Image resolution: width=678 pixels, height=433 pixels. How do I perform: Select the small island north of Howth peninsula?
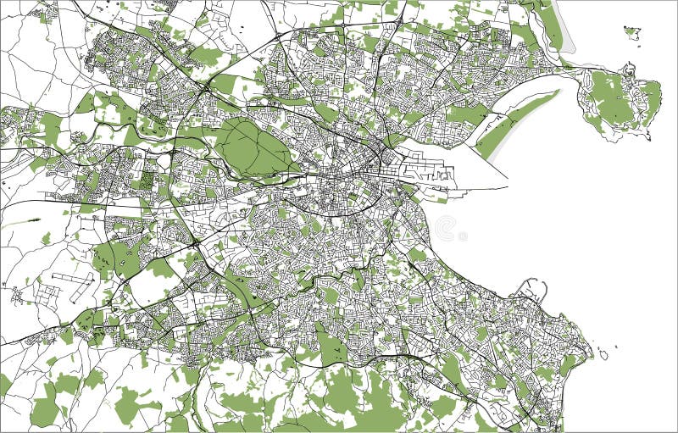pyautogui.click(x=632, y=33)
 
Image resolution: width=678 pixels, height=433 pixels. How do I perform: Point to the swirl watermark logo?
pyautogui.click(x=446, y=228)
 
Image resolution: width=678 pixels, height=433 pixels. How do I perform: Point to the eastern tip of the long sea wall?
pyautogui.click(x=507, y=187)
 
